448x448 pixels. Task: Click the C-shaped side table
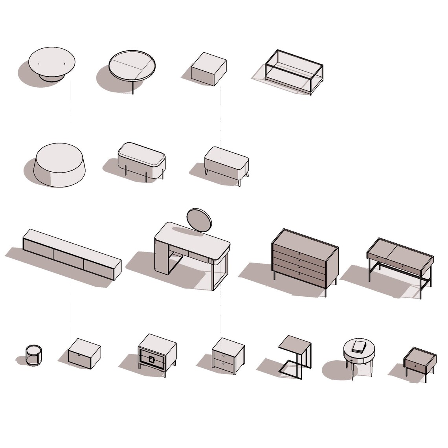point(296,354)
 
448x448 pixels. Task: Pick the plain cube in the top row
point(208,69)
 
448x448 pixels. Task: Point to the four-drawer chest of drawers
point(305,259)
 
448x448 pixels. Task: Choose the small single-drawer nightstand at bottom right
point(419,363)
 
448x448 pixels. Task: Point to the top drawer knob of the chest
point(299,254)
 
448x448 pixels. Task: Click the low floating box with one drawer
point(84,353)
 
